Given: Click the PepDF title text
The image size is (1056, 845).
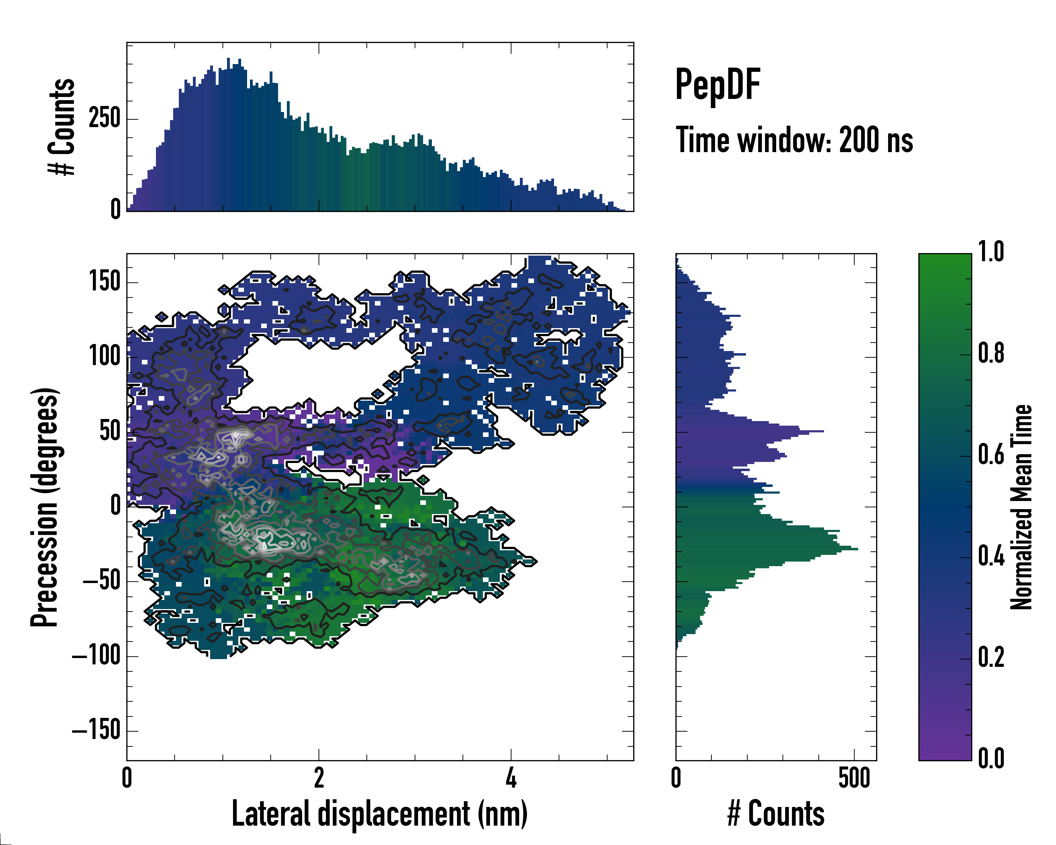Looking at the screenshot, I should pyautogui.click(x=717, y=85).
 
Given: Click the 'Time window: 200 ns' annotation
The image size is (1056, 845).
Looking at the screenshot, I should pyautogui.click(x=794, y=140).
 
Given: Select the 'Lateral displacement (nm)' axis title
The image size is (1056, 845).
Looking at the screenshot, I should pyautogui.click(x=379, y=814).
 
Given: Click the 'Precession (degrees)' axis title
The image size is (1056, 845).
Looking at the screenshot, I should pyautogui.click(x=45, y=507).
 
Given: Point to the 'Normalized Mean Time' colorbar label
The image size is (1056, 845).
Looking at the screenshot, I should pyautogui.click(x=1021, y=507).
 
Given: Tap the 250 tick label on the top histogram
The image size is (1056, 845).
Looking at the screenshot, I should pyautogui.click(x=104, y=119).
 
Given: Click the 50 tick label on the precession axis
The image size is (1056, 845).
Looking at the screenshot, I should pyautogui.click(x=110, y=432).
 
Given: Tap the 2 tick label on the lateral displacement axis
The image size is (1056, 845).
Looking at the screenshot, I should pyautogui.click(x=319, y=777).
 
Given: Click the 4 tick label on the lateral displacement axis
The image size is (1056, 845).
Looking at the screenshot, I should pyautogui.click(x=511, y=777).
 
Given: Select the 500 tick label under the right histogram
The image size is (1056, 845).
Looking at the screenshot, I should pyautogui.click(x=854, y=777).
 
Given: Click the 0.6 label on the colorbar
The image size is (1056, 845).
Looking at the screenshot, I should pyautogui.click(x=991, y=454).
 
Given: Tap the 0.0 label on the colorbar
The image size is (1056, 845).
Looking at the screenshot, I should pyautogui.click(x=991, y=758).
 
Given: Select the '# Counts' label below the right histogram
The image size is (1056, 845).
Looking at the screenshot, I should pyautogui.click(x=776, y=814).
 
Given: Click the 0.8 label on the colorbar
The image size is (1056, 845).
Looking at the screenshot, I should pyautogui.click(x=991, y=353).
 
